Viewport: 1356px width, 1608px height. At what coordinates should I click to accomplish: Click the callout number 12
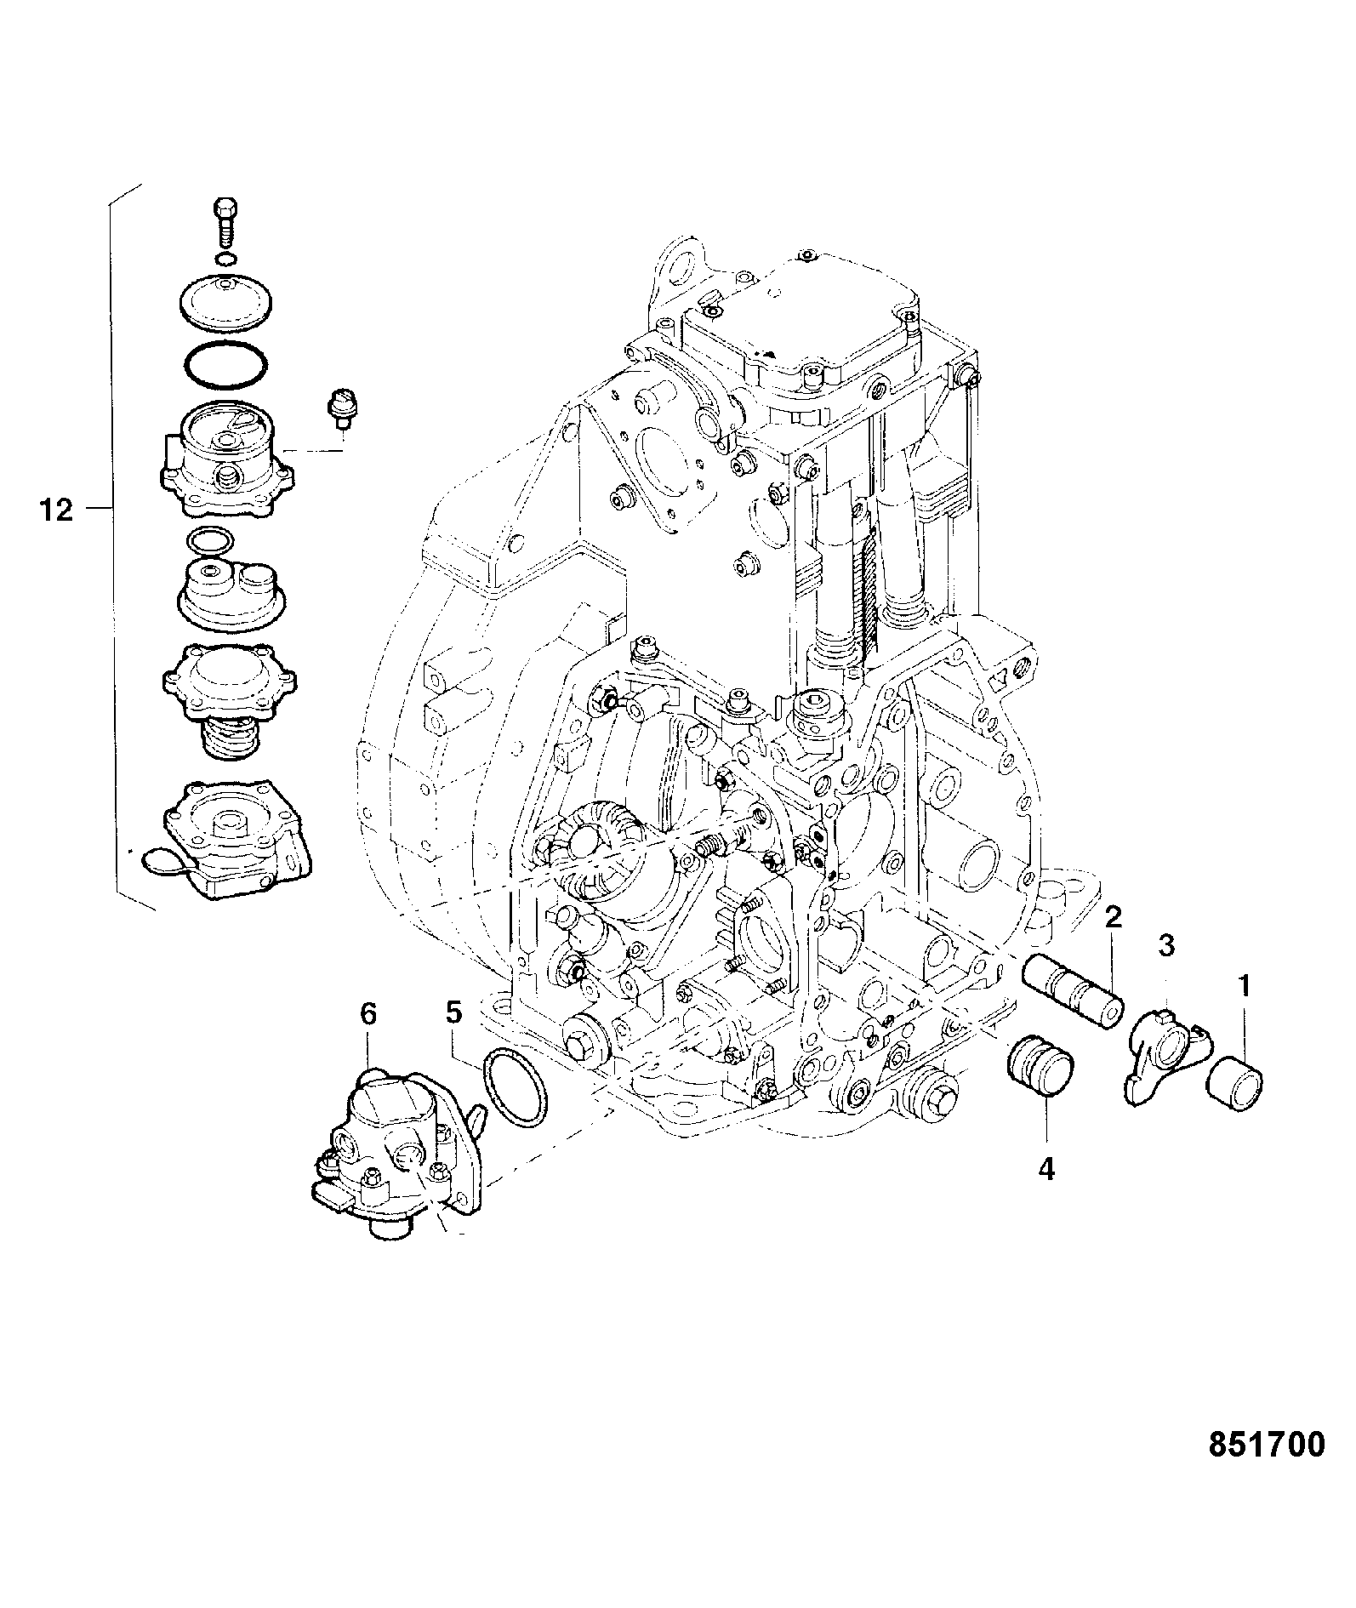click(57, 510)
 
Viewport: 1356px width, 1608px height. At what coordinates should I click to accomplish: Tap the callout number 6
click(367, 1014)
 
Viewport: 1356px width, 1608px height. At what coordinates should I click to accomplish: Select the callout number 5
click(453, 1012)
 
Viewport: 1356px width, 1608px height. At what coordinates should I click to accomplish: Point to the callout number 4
click(1045, 1170)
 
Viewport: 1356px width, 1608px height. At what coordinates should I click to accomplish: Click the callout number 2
click(1113, 917)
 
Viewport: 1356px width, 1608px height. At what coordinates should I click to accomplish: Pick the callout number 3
click(1166, 945)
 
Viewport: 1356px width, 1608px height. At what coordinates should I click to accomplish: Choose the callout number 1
click(1244, 986)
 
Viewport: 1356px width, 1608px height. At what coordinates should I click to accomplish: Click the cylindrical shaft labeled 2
click(1074, 991)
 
